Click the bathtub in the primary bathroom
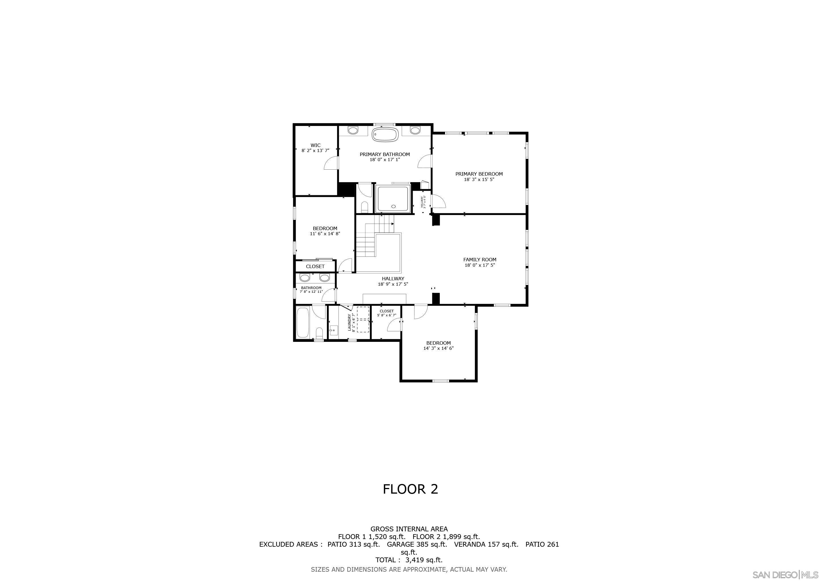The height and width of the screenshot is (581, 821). click(x=385, y=135)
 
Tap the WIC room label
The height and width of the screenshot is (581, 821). click(x=315, y=145)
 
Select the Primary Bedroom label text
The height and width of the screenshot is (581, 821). click(x=479, y=174)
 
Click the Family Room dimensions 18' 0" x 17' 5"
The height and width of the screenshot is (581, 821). click(x=479, y=265)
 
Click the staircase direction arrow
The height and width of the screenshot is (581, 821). click(x=392, y=224)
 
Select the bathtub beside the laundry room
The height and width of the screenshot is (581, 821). click(x=302, y=323)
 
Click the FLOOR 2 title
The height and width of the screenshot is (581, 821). click(x=410, y=489)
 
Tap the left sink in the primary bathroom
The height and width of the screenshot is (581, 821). click(x=353, y=130)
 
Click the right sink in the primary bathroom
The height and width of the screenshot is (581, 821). click(x=415, y=130)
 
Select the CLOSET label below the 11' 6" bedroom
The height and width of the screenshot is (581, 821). click(x=315, y=267)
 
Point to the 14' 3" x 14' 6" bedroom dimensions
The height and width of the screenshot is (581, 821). click(x=438, y=348)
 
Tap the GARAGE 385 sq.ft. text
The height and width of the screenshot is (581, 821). click(x=417, y=544)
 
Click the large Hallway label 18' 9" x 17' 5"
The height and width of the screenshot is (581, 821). click(x=393, y=281)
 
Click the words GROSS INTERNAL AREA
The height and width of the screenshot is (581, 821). click(x=409, y=529)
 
